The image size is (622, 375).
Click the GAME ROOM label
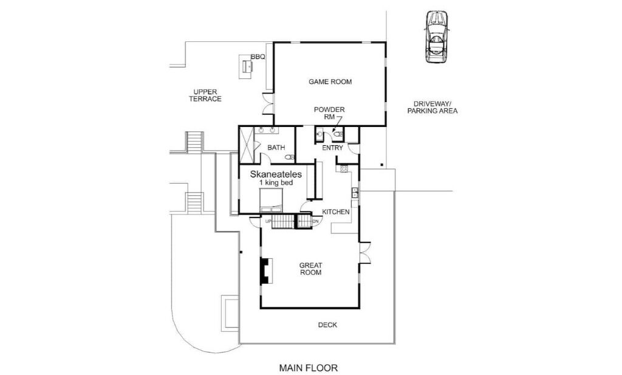pyautogui.click(x=330, y=81)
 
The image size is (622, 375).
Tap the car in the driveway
pyautogui.click(x=437, y=37)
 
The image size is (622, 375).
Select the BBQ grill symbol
pyautogui.click(x=247, y=66)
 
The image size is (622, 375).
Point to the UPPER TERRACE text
pyautogui.click(x=205, y=95)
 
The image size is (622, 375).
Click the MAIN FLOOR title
pyautogui.click(x=308, y=368)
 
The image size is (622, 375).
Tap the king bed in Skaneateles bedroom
pyautogui.click(x=272, y=200)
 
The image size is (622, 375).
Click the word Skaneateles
pyautogui.click(x=276, y=174)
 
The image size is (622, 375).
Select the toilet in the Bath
pyautogui.click(x=290, y=157)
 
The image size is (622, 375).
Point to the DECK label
pyautogui.click(x=327, y=325)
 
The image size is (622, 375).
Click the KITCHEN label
pyautogui.click(x=335, y=212)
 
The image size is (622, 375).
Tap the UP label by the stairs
pyautogui.click(x=268, y=221)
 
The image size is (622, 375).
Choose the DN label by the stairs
pyautogui.click(x=315, y=221)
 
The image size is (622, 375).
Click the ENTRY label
pyautogui.click(x=332, y=148)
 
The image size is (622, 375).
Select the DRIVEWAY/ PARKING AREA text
pyautogui.click(x=432, y=108)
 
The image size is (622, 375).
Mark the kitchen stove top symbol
pyautogui.click(x=344, y=169)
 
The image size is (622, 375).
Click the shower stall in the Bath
pyautogui.click(x=247, y=145)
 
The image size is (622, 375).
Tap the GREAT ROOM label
pyautogui.click(x=310, y=269)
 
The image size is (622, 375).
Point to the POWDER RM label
pyautogui.click(x=329, y=113)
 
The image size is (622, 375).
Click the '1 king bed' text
pyautogui.click(x=276, y=182)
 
